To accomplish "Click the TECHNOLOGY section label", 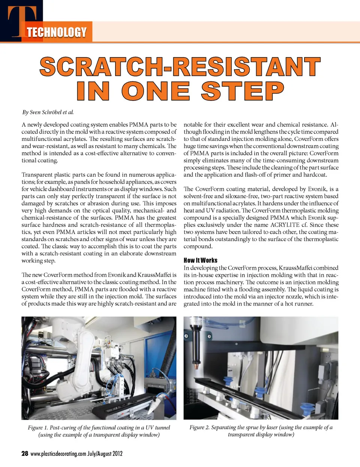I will click(x=57, y=32).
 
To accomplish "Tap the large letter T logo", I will click(x=22, y=21).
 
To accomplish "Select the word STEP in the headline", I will click(x=242, y=91).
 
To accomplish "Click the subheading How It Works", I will click(x=200, y=260).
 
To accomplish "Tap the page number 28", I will click(x=25, y=453).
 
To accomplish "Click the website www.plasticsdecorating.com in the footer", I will click(x=58, y=453).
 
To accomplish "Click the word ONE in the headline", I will click(x=156, y=91).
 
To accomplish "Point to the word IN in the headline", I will click(x=93, y=91).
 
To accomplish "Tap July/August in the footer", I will click(x=99, y=453).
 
